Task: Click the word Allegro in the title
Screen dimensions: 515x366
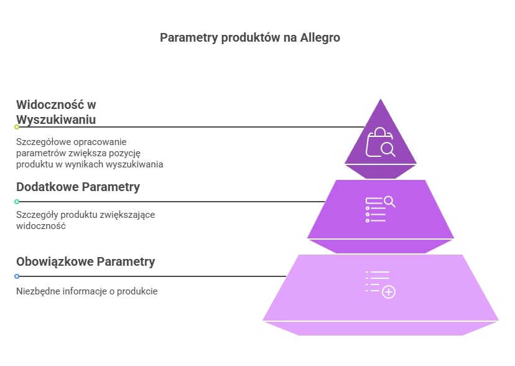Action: click(x=320, y=38)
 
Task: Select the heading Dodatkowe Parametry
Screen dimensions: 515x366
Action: click(x=78, y=187)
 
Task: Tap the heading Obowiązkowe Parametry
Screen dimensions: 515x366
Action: click(x=86, y=262)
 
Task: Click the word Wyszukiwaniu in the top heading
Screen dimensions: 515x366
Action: click(x=56, y=120)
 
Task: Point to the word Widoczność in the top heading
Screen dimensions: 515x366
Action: click(x=50, y=105)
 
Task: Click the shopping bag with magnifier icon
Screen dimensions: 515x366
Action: click(x=381, y=142)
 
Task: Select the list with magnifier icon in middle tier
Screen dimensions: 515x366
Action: click(x=381, y=209)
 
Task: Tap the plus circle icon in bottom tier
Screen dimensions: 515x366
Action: click(x=389, y=292)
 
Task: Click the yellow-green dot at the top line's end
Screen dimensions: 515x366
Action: click(x=17, y=127)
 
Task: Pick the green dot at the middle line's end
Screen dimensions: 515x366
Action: click(x=17, y=202)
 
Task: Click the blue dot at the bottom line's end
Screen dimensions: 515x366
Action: click(x=17, y=276)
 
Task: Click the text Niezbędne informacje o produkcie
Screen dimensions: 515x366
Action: click(x=87, y=291)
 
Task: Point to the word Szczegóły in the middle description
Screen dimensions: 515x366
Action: click(x=37, y=215)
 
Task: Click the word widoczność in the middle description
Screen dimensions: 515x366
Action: click(x=41, y=226)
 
